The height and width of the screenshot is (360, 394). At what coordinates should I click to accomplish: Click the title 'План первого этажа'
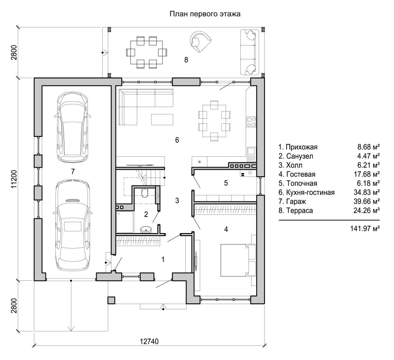(x=205, y=14)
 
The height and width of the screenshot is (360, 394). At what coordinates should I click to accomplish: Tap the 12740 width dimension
(x=149, y=341)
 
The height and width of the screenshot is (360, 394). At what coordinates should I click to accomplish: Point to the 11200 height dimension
(x=14, y=179)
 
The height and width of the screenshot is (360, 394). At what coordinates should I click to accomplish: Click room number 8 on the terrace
(x=186, y=60)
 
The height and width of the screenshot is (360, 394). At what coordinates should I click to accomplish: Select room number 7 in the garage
(x=73, y=172)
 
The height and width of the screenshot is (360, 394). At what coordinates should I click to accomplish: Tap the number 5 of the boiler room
(x=226, y=183)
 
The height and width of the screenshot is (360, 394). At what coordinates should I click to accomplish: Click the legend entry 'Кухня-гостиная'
(x=310, y=193)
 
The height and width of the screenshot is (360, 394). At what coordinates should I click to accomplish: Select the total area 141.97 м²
(x=365, y=228)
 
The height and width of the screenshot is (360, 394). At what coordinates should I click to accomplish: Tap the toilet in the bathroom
(x=145, y=192)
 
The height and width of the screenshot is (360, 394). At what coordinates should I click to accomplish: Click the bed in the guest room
(x=238, y=260)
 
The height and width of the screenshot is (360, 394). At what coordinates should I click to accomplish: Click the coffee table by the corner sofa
(x=162, y=120)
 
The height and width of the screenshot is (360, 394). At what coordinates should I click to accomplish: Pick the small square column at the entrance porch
(x=111, y=300)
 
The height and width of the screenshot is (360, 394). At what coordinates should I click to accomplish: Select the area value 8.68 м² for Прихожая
(x=368, y=147)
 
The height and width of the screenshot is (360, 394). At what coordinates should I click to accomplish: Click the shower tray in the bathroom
(x=125, y=222)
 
